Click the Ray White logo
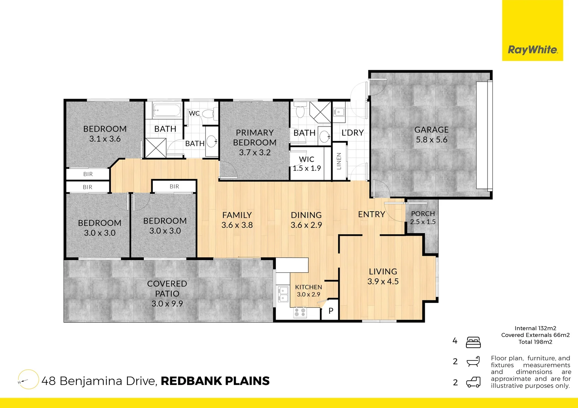coord(532,49)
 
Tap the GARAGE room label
coord(431,130)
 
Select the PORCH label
coord(423,214)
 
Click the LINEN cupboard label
coord(339,161)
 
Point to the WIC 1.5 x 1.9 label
coord(306,164)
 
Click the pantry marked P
coord(331,311)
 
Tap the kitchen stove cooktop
coord(300,312)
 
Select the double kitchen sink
coord(283,294)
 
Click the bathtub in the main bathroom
coord(167,110)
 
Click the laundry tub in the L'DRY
coord(339,112)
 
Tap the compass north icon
coord(28,379)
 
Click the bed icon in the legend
coord(473,342)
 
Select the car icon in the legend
coord(473,382)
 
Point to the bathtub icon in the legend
coord(473,362)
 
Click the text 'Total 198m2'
coord(535,342)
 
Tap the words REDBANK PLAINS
coord(215,381)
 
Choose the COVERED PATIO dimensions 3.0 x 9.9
coord(167,304)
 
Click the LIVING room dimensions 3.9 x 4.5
coord(383,281)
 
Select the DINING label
coord(306,215)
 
